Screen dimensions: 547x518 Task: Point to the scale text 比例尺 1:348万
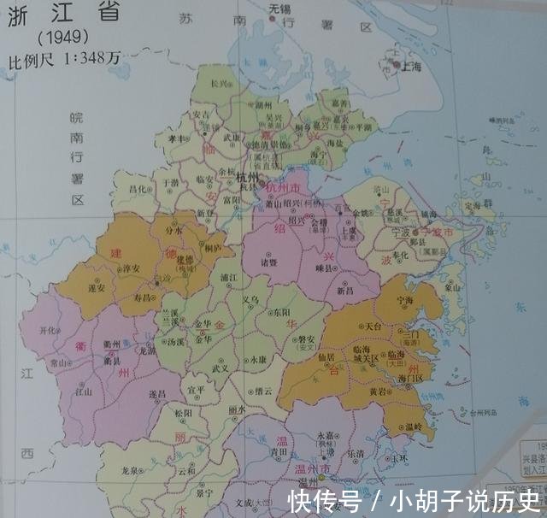click(63, 61)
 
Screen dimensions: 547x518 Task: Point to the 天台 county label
click(370, 327)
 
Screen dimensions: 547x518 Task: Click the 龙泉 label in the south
click(131, 470)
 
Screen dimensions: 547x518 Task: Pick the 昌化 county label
click(137, 189)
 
